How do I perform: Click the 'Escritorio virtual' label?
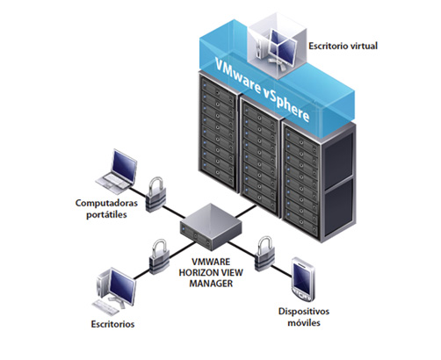tap(343, 46)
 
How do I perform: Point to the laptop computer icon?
tap(117, 172)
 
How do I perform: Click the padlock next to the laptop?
tap(155, 194)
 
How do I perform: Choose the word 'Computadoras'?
tap(106, 203)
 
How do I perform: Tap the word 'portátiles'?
tap(106, 214)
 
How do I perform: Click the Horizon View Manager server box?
tap(211, 227)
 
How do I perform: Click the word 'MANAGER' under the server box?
tap(211, 284)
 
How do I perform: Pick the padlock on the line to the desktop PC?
tap(159, 256)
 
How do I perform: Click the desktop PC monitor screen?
tap(122, 286)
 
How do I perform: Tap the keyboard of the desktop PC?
tap(105, 306)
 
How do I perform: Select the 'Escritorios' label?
tap(112, 324)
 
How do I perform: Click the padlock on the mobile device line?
tap(265, 254)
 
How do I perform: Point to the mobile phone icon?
tap(304, 280)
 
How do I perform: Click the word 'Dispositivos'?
tap(304, 312)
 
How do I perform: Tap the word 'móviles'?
tap(304, 323)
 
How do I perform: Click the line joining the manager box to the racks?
tap(246, 212)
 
